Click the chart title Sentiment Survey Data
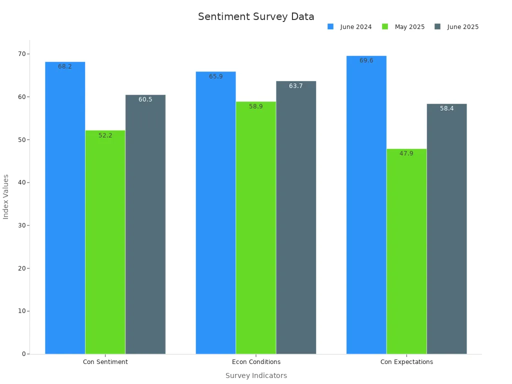pos(256,16)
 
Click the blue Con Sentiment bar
pos(65,210)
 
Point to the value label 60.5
pos(145,99)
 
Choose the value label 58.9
pos(256,106)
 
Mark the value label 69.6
pos(366,60)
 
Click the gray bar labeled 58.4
pos(446,230)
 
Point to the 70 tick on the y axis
pos(22,54)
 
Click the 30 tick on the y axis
pos(22,225)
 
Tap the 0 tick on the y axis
pos(24,354)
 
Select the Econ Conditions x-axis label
pos(256,362)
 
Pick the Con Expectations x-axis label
pos(406,362)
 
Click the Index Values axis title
pos(6,196)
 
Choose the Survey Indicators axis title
pos(256,375)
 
